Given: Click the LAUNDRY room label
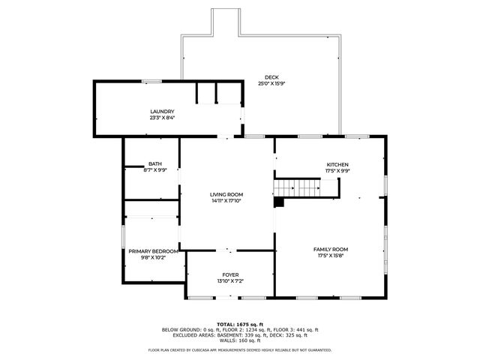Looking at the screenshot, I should (x=162, y=111).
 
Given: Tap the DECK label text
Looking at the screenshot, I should (x=271, y=77).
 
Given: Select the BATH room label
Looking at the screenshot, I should (x=154, y=163).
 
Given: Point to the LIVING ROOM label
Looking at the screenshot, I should (x=226, y=194).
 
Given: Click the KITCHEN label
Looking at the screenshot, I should (x=337, y=165).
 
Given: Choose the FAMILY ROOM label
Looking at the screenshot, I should (x=330, y=249).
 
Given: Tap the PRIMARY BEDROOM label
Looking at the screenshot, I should (x=153, y=251).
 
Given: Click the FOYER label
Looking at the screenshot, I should (x=230, y=274).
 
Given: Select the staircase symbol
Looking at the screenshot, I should (x=296, y=187).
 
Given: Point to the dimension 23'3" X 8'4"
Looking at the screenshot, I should (x=162, y=117).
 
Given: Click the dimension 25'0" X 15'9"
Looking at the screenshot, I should (x=271, y=83).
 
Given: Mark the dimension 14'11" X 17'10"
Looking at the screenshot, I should (x=226, y=200).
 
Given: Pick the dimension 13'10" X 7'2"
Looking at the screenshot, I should (x=230, y=280).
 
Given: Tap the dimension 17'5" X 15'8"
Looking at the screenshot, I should (x=330, y=255).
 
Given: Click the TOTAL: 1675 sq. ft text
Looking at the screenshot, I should (x=240, y=324).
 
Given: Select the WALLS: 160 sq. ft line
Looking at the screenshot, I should (x=240, y=341).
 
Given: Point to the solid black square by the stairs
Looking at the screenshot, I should (x=279, y=202).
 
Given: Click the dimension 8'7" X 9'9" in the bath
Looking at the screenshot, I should (x=154, y=169).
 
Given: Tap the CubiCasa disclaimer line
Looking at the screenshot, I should (x=240, y=349).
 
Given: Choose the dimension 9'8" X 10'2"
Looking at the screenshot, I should (x=153, y=257).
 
